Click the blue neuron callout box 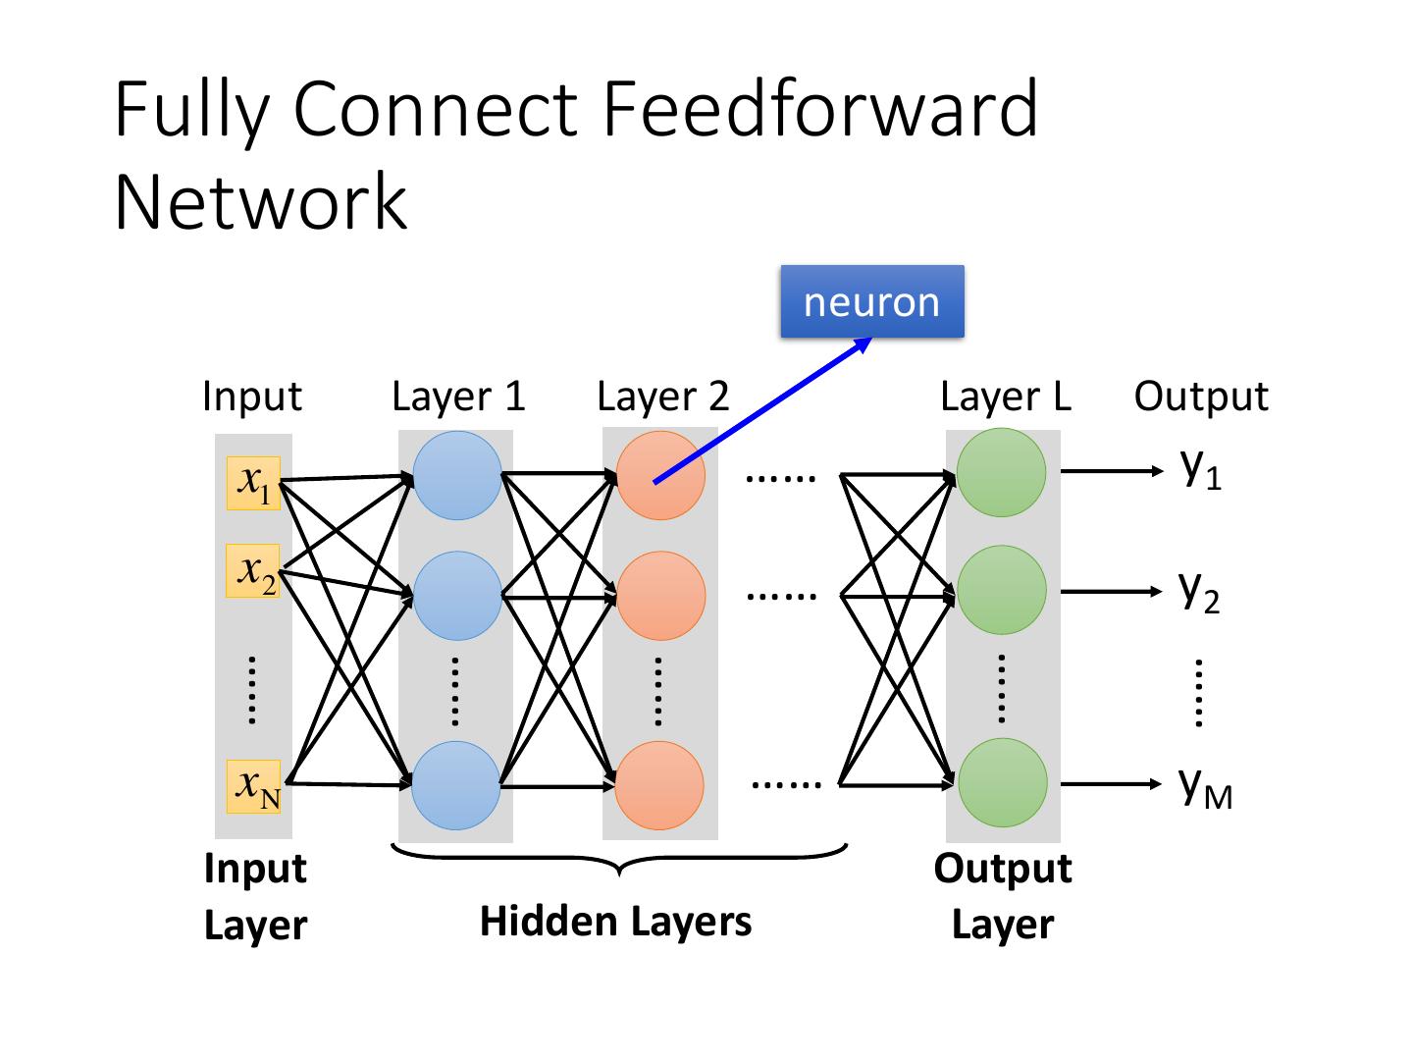point(871,301)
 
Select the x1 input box point(253,483)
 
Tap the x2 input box point(253,570)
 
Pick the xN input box point(253,786)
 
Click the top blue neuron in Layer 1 point(457,475)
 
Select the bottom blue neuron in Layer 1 point(456,785)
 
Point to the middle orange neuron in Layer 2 point(661,596)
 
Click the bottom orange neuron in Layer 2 point(659,785)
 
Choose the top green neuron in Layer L point(1001,472)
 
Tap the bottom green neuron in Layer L point(1002,782)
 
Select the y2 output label point(1199,591)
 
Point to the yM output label point(1205,785)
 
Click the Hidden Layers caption point(615,922)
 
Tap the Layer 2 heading point(663,396)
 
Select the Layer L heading point(1006,396)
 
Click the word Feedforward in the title point(819,108)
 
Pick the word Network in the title point(260,201)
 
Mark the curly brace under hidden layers point(619,860)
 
